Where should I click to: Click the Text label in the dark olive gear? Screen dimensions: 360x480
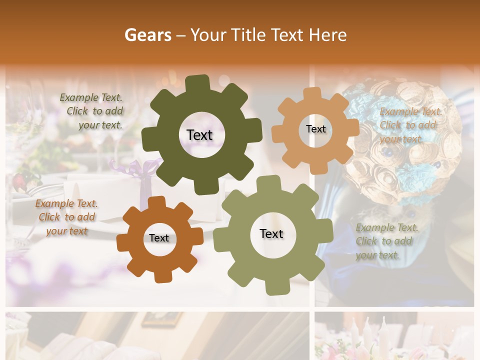coord(199,135)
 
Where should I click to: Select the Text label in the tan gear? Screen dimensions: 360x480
coord(315,129)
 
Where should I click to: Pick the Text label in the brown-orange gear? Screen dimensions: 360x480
coord(159,238)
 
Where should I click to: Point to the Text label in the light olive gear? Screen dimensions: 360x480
coord(271,233)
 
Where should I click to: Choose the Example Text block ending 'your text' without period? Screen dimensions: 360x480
coord(66,217)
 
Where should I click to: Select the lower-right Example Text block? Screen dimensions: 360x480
coord(384,241)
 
